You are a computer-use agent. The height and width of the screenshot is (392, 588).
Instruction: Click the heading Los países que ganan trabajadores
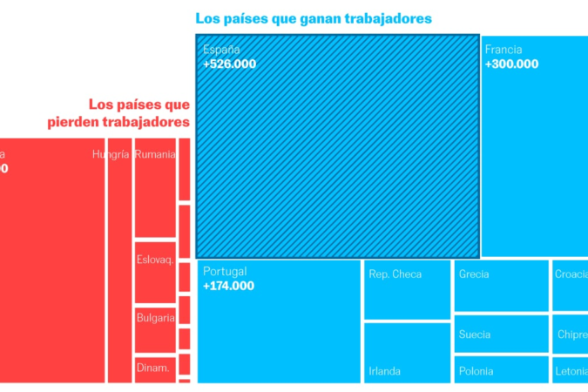(x=314, y=17)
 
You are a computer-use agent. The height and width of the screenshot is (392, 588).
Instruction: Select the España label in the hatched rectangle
(x=221, y=50)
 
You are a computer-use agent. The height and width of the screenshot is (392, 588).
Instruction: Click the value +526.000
(x=230, y=64)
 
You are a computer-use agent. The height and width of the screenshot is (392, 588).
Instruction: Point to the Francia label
(x=504, y=50)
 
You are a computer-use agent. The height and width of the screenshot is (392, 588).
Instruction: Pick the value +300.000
(x=511, y=64)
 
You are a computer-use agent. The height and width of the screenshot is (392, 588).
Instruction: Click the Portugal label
(x=225, y=272)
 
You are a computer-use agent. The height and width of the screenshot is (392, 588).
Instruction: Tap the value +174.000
(x=228, y=286)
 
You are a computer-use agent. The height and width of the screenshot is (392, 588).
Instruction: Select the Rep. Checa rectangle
(x=407, y=289)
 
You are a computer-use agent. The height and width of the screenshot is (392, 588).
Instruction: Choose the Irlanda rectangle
(x=407, y=352)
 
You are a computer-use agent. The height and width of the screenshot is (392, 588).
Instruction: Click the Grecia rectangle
(x=502, y=285)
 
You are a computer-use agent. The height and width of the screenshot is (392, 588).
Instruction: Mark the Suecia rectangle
(x=502, y=334)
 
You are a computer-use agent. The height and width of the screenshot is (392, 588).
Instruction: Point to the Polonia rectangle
(x=502, y=369)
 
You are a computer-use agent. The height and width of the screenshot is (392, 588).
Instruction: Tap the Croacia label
(x=571, y=274)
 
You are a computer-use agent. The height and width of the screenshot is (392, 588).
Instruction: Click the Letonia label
(x=571, y=371)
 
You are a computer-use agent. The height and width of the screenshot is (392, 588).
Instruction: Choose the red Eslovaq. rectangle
(x=155, y=270)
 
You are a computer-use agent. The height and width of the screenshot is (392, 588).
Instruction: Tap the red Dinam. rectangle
(x=155, y=368)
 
